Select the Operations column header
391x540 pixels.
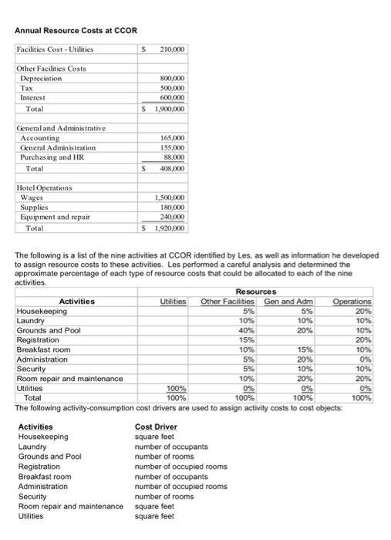(x=354, y=301)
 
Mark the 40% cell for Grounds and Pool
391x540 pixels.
(x=245, y=329)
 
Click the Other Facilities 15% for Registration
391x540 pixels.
(x=245, y=339)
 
